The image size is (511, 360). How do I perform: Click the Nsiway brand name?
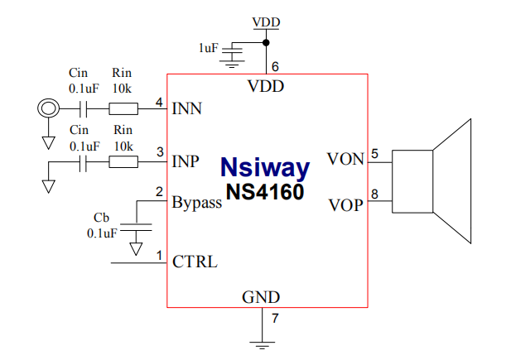click(265, 168)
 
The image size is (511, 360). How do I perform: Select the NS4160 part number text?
click(265, 191)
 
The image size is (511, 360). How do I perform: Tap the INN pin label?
click(187, 108)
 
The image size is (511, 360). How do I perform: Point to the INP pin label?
click(186, 161)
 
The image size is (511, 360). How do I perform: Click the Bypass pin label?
click(196, 203)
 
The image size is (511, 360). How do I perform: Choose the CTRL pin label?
click(195, 262)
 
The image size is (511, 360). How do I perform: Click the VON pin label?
click(345, 159)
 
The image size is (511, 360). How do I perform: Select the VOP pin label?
click(345, 204)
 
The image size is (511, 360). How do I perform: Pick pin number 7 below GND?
click(274, 318)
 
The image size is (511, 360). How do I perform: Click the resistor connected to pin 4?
click(123, 108)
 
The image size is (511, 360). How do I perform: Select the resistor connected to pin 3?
click(123, 161)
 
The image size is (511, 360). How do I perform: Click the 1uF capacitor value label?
click(208, 48)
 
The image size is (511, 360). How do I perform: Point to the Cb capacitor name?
click(101, 218)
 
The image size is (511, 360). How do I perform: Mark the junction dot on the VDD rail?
click(266, 42)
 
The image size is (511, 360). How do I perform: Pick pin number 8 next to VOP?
click(375, 195)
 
